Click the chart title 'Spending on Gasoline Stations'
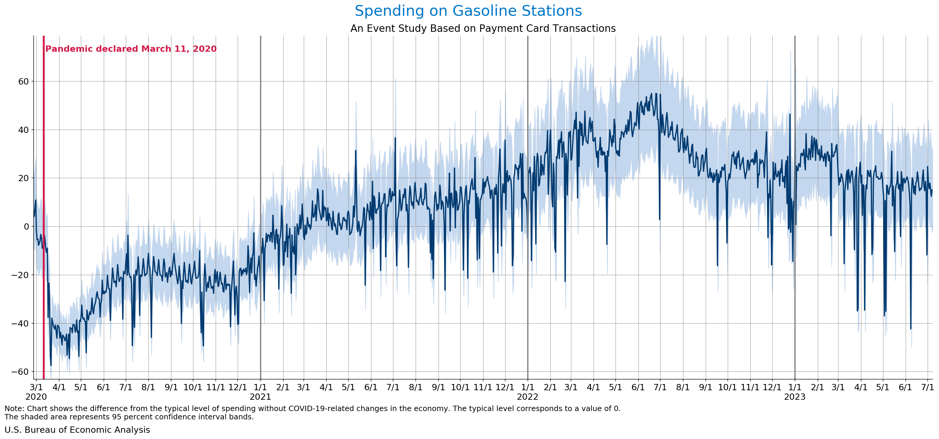[468, 11]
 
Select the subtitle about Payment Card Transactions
[483, 29]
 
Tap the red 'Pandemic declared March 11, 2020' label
[131, 49]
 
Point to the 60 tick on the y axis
[23, 81]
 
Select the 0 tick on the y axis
[26, 227]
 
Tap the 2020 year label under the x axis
[36, 397]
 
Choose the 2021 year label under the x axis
[260, 397]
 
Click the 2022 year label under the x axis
[528, 397]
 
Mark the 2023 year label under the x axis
[795, 397]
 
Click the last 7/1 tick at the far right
[927, 387]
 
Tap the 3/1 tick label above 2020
[36, 387]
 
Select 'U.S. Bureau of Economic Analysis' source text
[77, 430]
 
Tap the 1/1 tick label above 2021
[260, 387]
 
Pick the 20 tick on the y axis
[23, 178]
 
